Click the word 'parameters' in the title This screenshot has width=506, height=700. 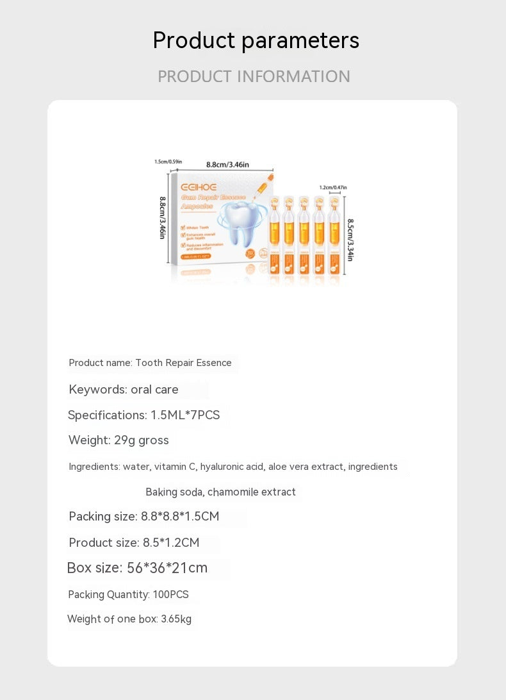point(300,41)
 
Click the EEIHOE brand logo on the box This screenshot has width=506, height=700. point(199,187)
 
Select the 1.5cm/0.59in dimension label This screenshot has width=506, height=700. point(168,162)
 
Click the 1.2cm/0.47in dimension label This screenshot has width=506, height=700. point(333,187)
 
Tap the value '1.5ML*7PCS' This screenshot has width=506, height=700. point(185,415)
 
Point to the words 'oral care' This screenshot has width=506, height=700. point(154,390)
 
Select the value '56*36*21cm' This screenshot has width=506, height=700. point(167,568)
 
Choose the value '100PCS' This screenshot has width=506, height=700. point(170,595)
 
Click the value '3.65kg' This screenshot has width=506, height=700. point(176,619)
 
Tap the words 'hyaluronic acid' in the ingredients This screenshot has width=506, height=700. point(232,467)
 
